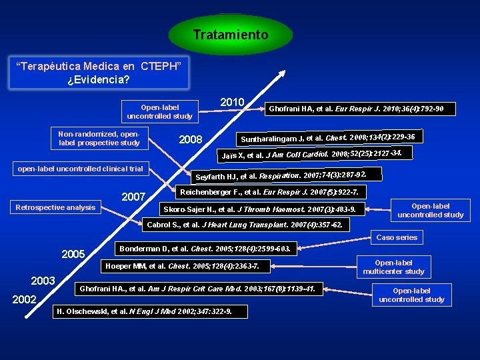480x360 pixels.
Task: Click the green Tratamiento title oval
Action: point(231,35)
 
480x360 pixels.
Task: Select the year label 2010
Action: point(232,101)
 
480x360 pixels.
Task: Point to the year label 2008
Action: point(191,140)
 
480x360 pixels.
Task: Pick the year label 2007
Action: point(133,197)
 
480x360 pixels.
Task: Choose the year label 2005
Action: point(73,254)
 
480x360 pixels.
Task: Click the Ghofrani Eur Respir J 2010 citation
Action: point(356,108)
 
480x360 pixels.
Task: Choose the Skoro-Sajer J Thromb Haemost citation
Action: point(259,209)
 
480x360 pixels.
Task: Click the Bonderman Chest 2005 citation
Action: point(204,249)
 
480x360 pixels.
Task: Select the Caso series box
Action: point(397,237)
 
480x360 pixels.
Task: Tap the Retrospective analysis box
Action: point(55,207)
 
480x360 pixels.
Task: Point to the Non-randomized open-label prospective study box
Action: point(99,138)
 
